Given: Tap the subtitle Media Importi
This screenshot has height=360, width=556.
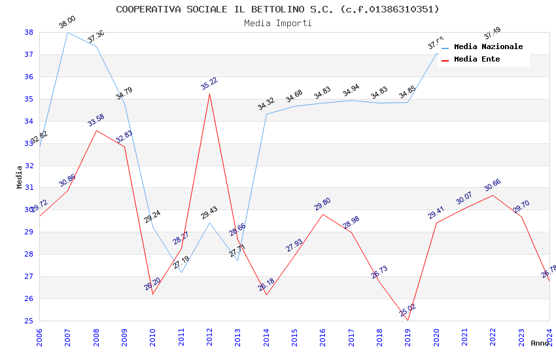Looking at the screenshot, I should click(x=277, y=23).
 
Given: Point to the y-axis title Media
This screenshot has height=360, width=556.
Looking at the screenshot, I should click(x=19, y=177).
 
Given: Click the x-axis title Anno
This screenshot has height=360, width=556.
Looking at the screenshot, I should click(x=540, y=343).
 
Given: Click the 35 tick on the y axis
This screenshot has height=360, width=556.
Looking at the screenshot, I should click(x=29, y=99).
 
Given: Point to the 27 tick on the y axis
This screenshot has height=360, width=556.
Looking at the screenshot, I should click(x=29, y=276).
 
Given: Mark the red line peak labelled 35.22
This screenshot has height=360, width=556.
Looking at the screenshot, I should click(x=209, y=94).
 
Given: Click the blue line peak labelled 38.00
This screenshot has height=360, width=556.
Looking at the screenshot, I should click(x=67, y=32).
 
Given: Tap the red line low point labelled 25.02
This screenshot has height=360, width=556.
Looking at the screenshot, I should click(x=408, y=320).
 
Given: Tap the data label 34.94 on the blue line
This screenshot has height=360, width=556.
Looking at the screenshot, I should click(x=351, y=90).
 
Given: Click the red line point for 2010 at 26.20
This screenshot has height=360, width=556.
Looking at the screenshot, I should click(x=152, y=294).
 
